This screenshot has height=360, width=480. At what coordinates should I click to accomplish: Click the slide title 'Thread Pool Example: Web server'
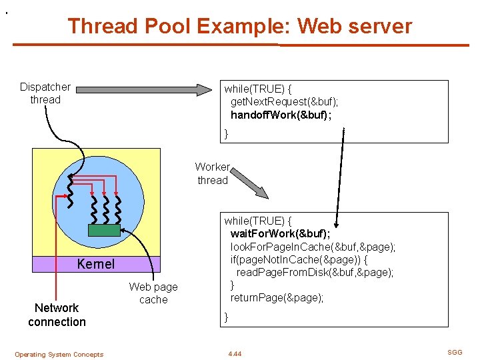click(239, 26)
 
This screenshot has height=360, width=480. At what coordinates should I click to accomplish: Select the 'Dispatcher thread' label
click(45, 93)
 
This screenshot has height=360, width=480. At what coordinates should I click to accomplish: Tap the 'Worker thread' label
click(213, 173)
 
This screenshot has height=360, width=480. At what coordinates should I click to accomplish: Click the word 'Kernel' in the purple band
click(95, 264)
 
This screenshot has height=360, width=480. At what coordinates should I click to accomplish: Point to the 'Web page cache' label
click(153, 293)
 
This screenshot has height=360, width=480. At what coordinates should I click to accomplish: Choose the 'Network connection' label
click(57, 315)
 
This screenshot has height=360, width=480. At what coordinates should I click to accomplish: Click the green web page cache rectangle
click(104, 230)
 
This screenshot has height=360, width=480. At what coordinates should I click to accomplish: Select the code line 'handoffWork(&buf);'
click(281, 115)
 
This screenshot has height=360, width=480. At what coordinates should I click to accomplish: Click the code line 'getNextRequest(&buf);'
click(284, 101)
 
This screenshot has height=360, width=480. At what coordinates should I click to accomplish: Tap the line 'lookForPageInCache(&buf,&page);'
click(313, 247)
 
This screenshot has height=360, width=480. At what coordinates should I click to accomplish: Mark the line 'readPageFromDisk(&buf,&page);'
click(315, 272)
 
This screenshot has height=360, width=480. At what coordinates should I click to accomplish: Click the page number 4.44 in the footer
click(234, 354)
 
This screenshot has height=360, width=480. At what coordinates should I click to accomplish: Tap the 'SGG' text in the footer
click(455, 353)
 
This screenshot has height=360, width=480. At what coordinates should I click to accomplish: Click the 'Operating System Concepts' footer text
click(59, 355)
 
